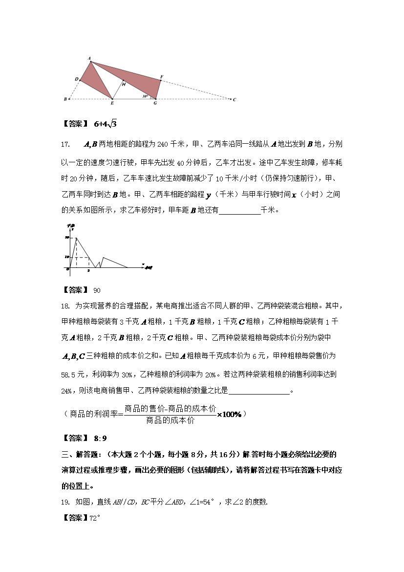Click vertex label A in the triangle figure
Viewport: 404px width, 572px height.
[89, 58]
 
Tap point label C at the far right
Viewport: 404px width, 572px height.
[234, 100]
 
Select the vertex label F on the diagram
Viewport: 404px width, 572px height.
[162, 77]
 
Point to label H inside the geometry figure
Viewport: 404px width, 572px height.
[124, 85]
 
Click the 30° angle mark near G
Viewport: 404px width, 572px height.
[145, 96]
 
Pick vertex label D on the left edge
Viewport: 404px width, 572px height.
[76, 79]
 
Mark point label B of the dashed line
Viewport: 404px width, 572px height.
[65, 99]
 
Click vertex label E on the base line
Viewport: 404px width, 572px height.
[112, 104]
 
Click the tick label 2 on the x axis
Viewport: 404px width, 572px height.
[88, 270]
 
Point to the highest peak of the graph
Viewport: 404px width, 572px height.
[76, 238]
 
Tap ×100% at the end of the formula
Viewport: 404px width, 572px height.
[230, 414]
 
